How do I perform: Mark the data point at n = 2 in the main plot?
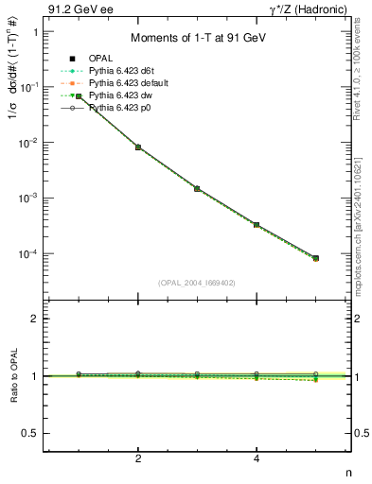click(x=138, y=147)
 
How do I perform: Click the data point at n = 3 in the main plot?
click(x=197, y=189)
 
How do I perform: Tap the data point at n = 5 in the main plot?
click(x=315, y=258)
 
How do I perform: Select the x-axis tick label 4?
click(x=257, y=458)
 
